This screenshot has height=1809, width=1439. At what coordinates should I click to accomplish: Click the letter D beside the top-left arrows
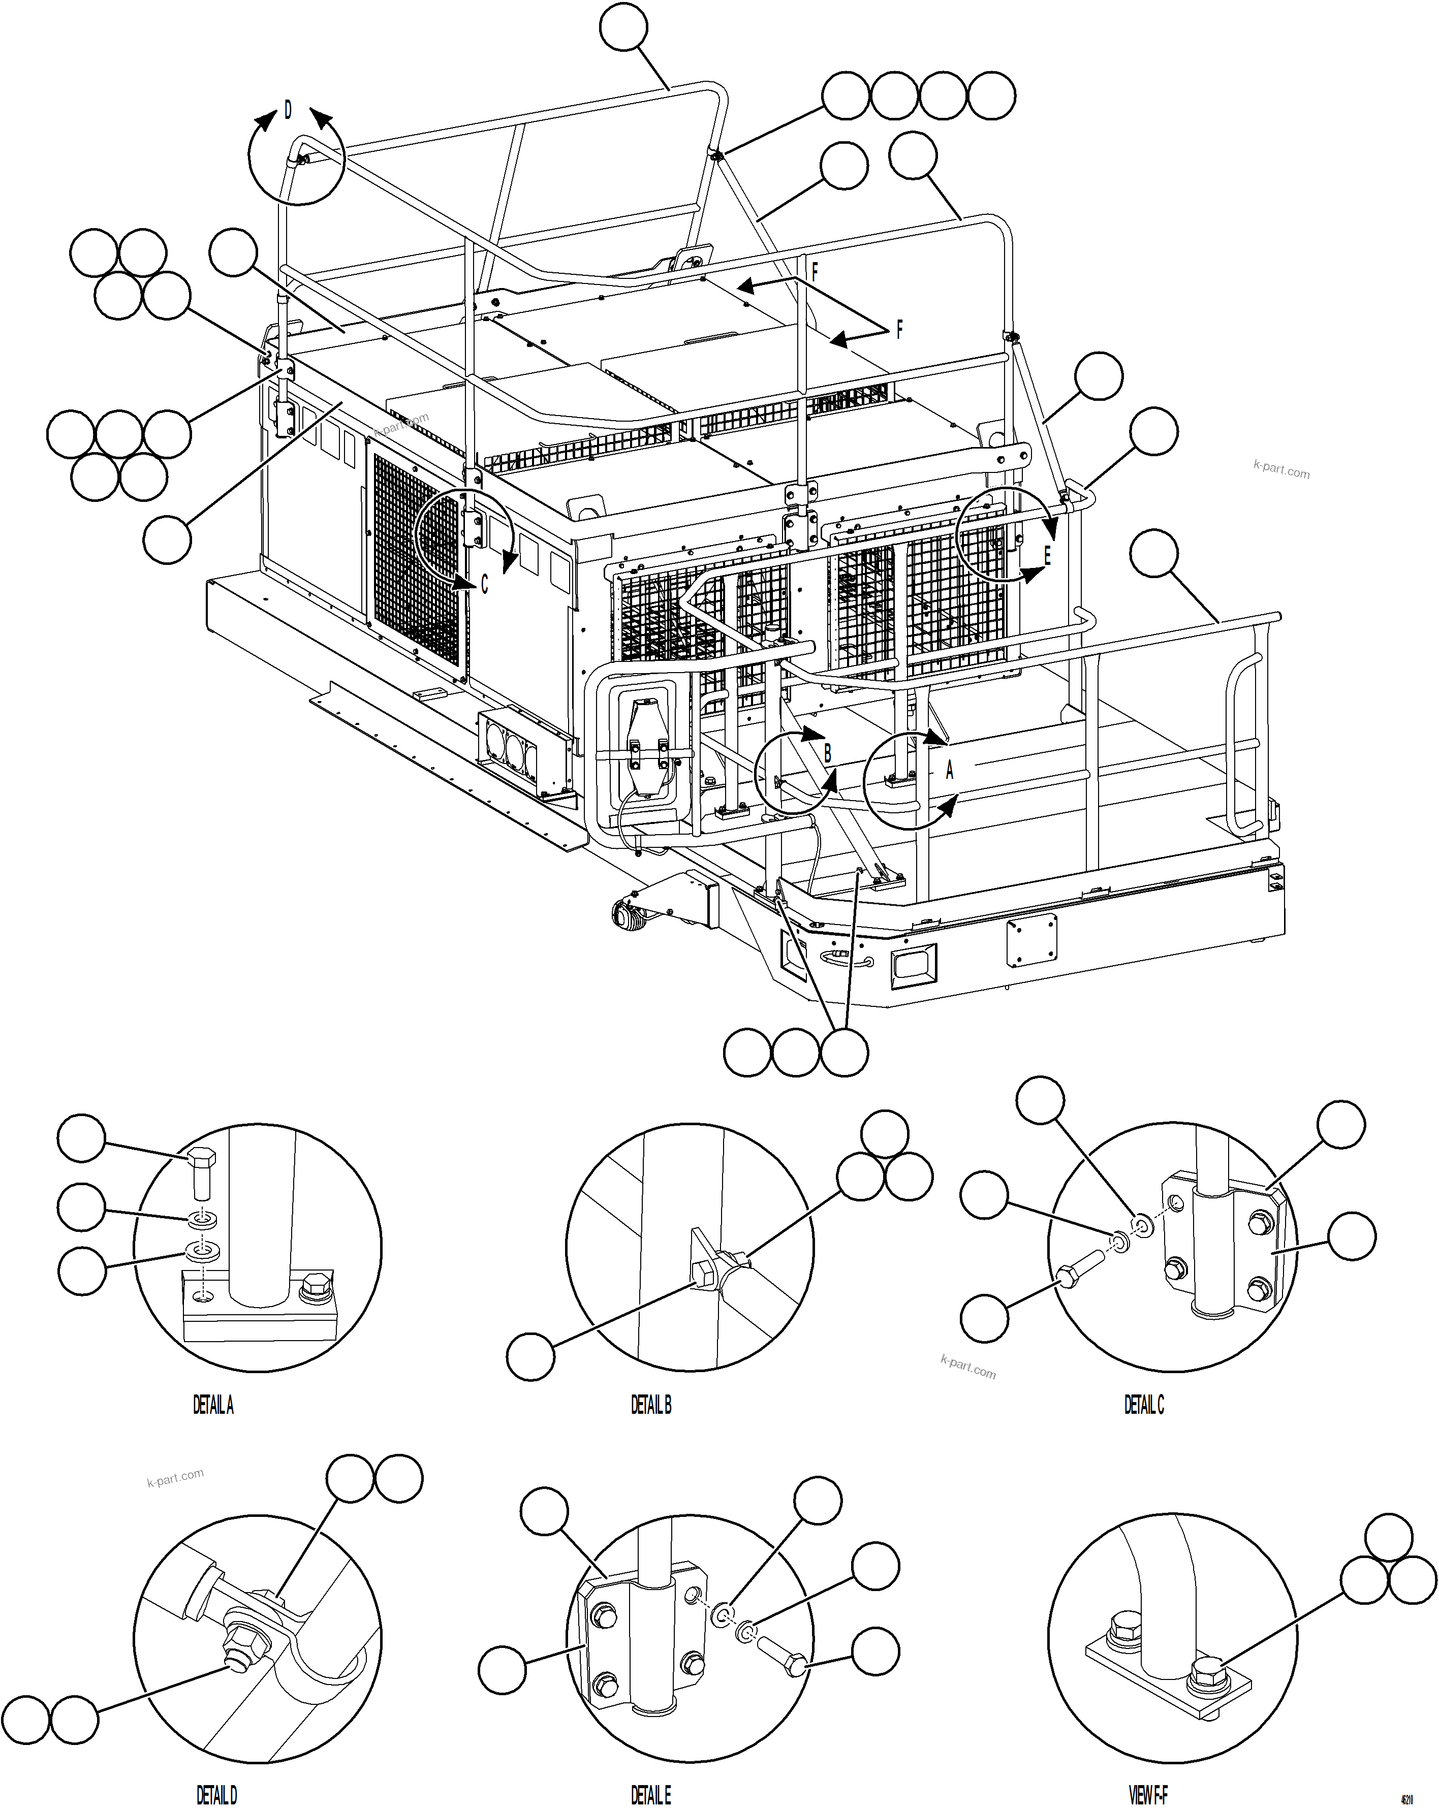coord(288,110)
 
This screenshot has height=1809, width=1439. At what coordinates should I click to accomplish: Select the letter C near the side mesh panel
coord(484,585)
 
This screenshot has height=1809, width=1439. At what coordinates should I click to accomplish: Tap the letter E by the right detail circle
coord(1047,555)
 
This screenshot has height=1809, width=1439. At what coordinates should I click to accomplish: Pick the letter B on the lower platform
coord(827,753)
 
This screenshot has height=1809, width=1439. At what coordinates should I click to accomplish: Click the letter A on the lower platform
coord(950,770)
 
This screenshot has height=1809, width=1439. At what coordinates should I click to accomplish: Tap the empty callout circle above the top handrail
coord(623,28)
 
